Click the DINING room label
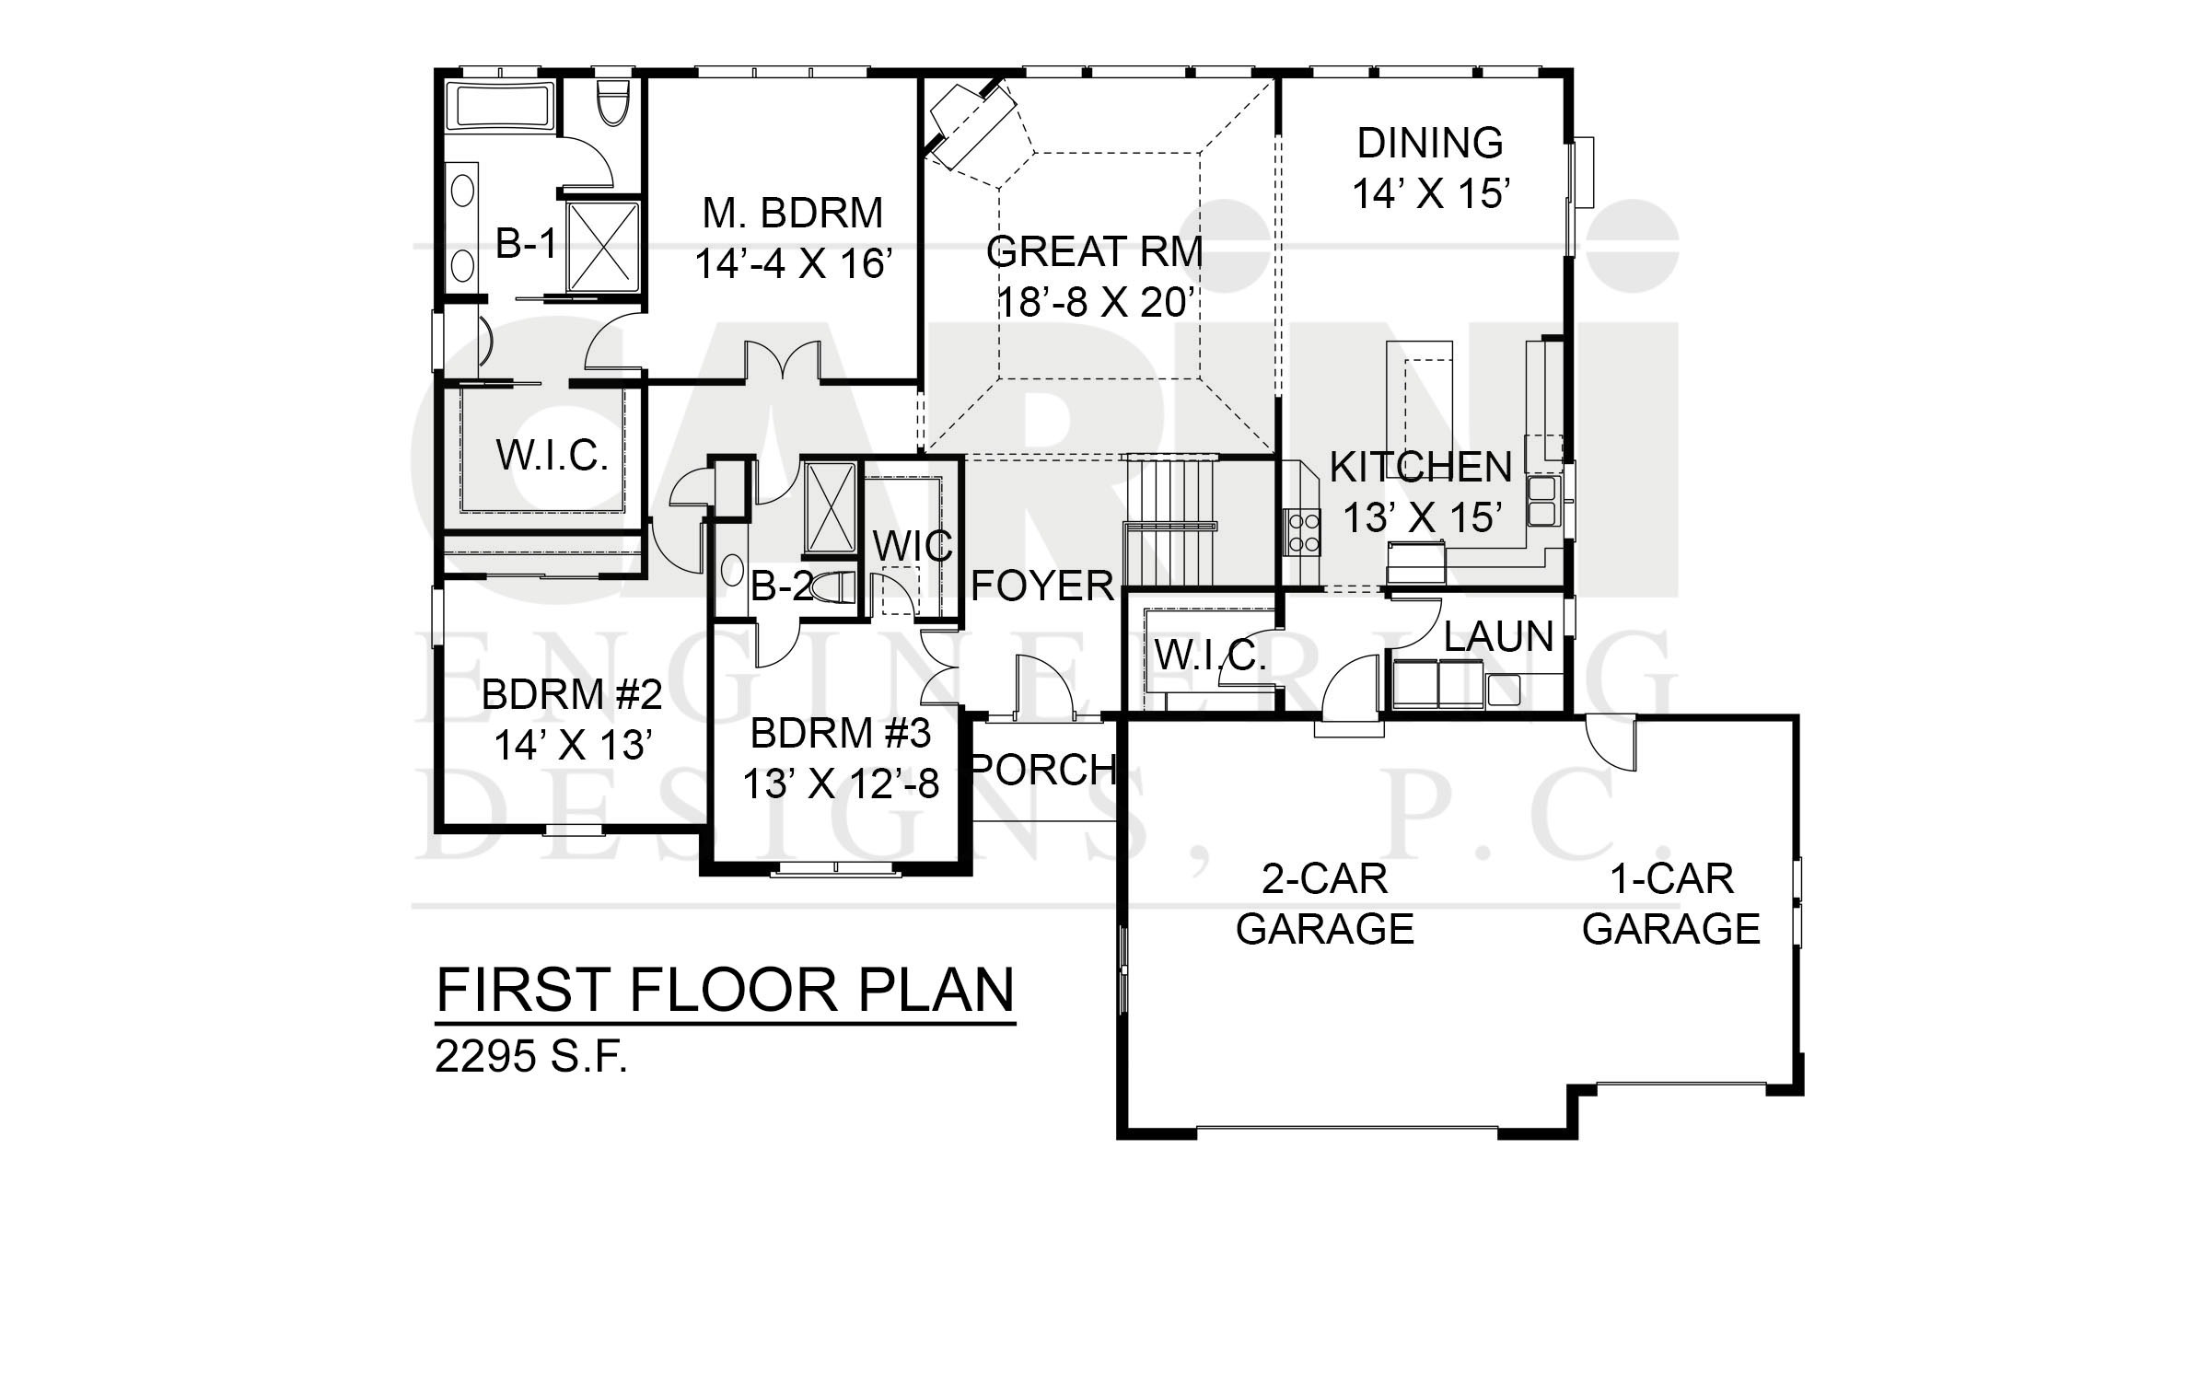coord(1430,144)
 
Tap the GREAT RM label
coord(1095,251)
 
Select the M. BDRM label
coord(792,213)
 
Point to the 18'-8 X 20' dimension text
coord(1095,301)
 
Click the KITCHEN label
coord(1421,468)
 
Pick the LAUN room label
coord(1498,637)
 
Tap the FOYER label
coord(1042,586)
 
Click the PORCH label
coord(1043,769)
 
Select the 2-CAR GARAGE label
coord(1324,904)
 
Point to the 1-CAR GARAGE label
coord(1671,904)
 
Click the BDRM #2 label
coord(572,694)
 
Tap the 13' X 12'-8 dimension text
coord(841,784)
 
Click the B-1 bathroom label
coord(526,245)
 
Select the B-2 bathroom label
coord(782,586)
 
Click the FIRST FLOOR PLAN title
coord(725,990)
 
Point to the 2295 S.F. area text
coord(531,1059)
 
